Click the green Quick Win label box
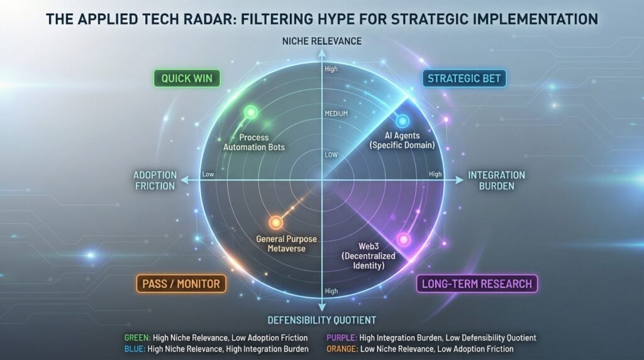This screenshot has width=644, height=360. tap(187, 79)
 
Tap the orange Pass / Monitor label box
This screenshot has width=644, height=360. tap(181, 284)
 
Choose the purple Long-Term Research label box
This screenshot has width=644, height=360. tap(477, 284)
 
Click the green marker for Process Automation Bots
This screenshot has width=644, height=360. tap(250, 113)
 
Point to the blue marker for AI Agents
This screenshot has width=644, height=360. tap(402, 121)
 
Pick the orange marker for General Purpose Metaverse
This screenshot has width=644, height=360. tap(275, 222)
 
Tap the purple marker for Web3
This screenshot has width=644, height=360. tap(404, 240)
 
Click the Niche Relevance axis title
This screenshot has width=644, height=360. tap(321, 42)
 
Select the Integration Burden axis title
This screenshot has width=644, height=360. tap(496, 181)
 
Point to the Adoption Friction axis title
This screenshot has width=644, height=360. tap(155, 180)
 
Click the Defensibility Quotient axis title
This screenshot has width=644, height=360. tap(321, 319)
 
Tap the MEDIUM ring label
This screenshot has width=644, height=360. tap(336, 114)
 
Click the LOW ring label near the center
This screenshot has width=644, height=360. tap(331, 154)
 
